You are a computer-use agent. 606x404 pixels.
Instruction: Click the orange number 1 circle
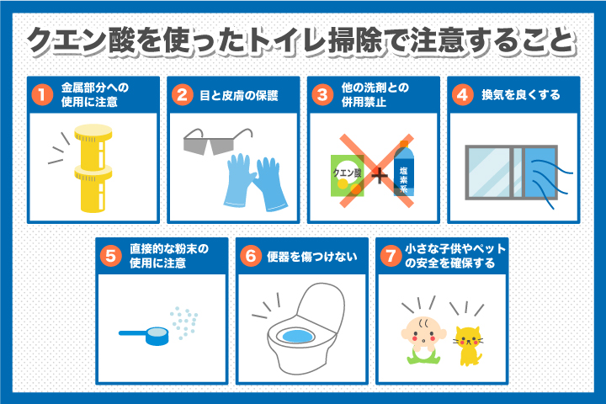pyautogui.click(x=43, y=95)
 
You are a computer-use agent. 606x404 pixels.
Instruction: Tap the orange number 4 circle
pyautogui.click(x=463, y=95)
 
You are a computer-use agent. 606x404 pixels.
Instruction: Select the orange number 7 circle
pyautogui.click(x=391, y=256)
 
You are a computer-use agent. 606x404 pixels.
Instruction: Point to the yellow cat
pyautogui.click(x=468, y=346)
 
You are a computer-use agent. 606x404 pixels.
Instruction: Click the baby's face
pyautogui.click(x=423, y=332)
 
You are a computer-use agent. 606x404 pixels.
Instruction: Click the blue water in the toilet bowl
pyautogui.click(x=297, y=336)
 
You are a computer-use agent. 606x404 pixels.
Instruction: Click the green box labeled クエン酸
pyautogui.click(x=347, y=176)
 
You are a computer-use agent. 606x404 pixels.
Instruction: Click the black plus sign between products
pyautogui.click(x=379, y=176)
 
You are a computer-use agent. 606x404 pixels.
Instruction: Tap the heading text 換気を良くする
pyautogui.click(x=521, y=95)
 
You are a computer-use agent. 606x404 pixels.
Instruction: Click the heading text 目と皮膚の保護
pyautogui.click(x=239, y=95)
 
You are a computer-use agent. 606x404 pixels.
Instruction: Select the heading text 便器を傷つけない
pyautogui.click(x=312, y=257)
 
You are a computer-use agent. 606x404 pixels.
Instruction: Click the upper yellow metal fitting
pyautogui.click(x=93, y=146)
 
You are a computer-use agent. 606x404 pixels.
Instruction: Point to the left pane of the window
pyautogui.click(x=490, y=173)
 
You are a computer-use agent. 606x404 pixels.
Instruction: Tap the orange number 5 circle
pyautogui.click(x=111, y=256)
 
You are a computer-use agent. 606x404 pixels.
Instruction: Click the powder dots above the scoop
pyautogui.click(x=184, y=323)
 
